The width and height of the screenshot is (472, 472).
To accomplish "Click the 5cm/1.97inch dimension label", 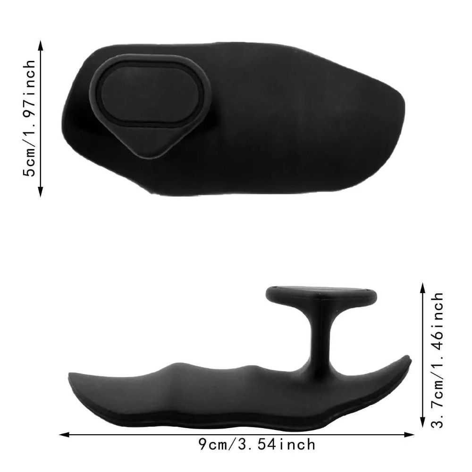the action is click(x=29, y=118).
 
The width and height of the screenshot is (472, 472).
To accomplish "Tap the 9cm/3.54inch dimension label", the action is click(x=257, y=445).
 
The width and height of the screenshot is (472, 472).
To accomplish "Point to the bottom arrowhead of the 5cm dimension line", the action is click(x=41, y=192).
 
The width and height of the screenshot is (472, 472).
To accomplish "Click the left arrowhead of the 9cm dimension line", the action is click(x=64, y=434).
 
